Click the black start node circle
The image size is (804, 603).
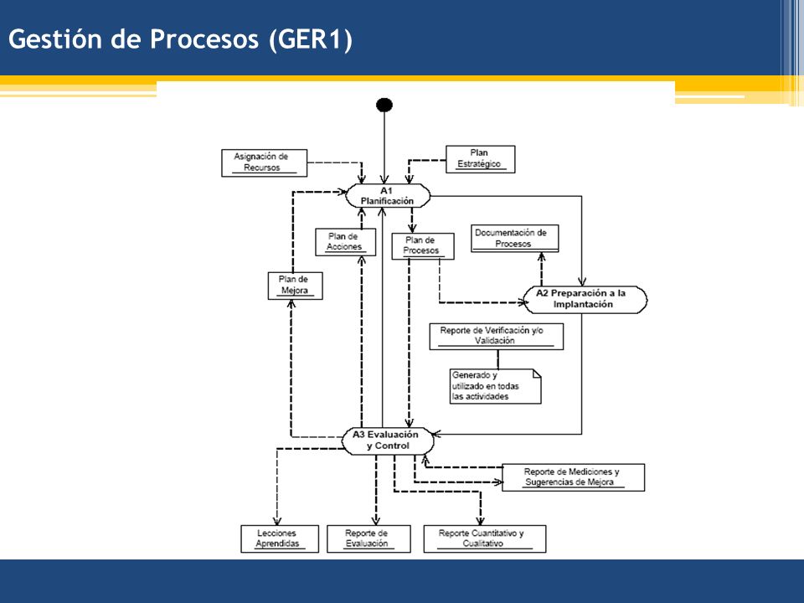384,106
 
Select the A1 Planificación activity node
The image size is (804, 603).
388,196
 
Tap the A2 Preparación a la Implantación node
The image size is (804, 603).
585,300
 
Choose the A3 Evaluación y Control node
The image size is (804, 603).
388,441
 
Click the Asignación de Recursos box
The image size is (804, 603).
264,163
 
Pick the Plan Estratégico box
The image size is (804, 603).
480,159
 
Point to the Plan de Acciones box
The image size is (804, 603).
345,242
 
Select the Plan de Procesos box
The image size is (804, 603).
422,246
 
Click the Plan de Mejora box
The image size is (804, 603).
295,286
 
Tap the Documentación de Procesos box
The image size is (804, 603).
514,239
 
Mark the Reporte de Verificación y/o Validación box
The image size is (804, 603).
496,337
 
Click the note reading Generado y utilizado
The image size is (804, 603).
495,386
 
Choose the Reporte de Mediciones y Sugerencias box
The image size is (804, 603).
573,477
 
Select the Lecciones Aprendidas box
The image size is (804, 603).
280,539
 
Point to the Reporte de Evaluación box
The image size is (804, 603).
368,539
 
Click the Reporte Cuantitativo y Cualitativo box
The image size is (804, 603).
485,539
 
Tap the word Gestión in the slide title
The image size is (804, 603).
55,39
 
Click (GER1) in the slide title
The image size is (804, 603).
312,39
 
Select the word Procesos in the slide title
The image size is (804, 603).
204,39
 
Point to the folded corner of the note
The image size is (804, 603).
537,373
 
